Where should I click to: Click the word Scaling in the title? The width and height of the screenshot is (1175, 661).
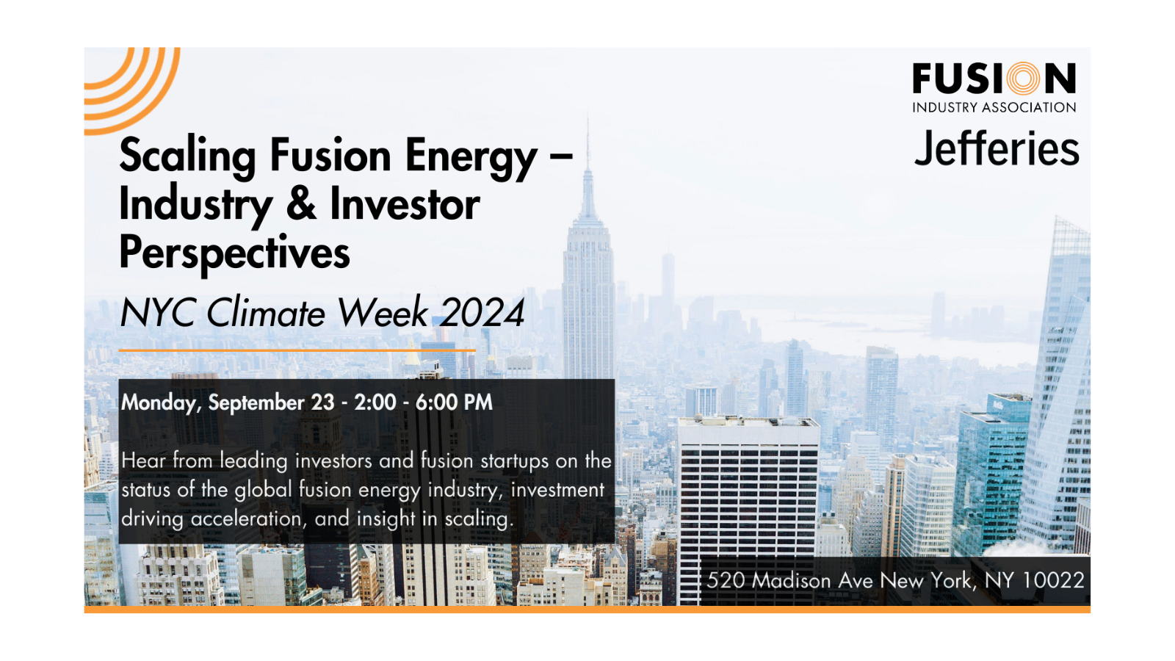pyautogui.click(x=187, y=156)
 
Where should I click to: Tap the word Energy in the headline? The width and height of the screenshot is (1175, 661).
pyautogui.click(x=471, y=156)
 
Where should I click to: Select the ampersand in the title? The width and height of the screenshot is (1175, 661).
pyautogui.click(x=301, y=203)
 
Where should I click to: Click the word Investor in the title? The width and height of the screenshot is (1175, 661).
pyautogui.click(x=405, y=203)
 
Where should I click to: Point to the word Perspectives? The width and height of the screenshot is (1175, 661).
pyautogui.click(x=234, y=253)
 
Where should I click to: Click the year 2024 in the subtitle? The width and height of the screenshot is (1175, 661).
pyautogui.click(x=482, y=313)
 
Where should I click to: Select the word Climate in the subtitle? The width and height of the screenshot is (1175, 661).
pyautogui.click(x=266, y=313)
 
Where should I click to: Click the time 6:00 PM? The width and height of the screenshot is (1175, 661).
pyautogui.click(x=454, y=402)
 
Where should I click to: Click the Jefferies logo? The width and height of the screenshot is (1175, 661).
pyautogui.click(x=996, y=149)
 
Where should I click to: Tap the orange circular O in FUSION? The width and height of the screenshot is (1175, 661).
pyautogui.click(x=1024, y=79)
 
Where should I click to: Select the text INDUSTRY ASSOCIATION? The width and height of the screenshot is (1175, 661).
pyautogui.click(x=994, y=107)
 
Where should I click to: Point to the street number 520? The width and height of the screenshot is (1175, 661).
pyautogui.click(x=726, y=580)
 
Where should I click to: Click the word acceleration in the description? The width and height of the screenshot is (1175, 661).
pyautogui.click(x=246, y=519)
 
